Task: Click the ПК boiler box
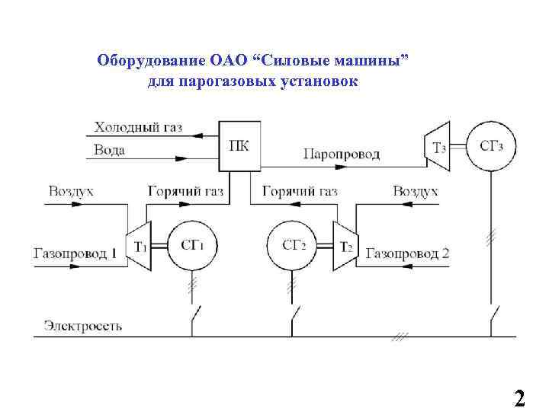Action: (239, 145)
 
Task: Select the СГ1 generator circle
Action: (191, 245)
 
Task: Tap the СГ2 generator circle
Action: (292, 245)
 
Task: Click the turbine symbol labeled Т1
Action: (138, 245)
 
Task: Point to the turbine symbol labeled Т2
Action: (343, 245)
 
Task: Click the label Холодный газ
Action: (137, 127)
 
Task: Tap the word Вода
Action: (109, 150)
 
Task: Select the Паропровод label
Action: (341, 154)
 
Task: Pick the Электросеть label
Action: (82, 326)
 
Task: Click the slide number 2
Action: (520, 397)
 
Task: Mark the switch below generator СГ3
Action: (494, 313)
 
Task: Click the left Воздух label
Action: (70, 191)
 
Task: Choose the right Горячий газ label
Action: (300, 191)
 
